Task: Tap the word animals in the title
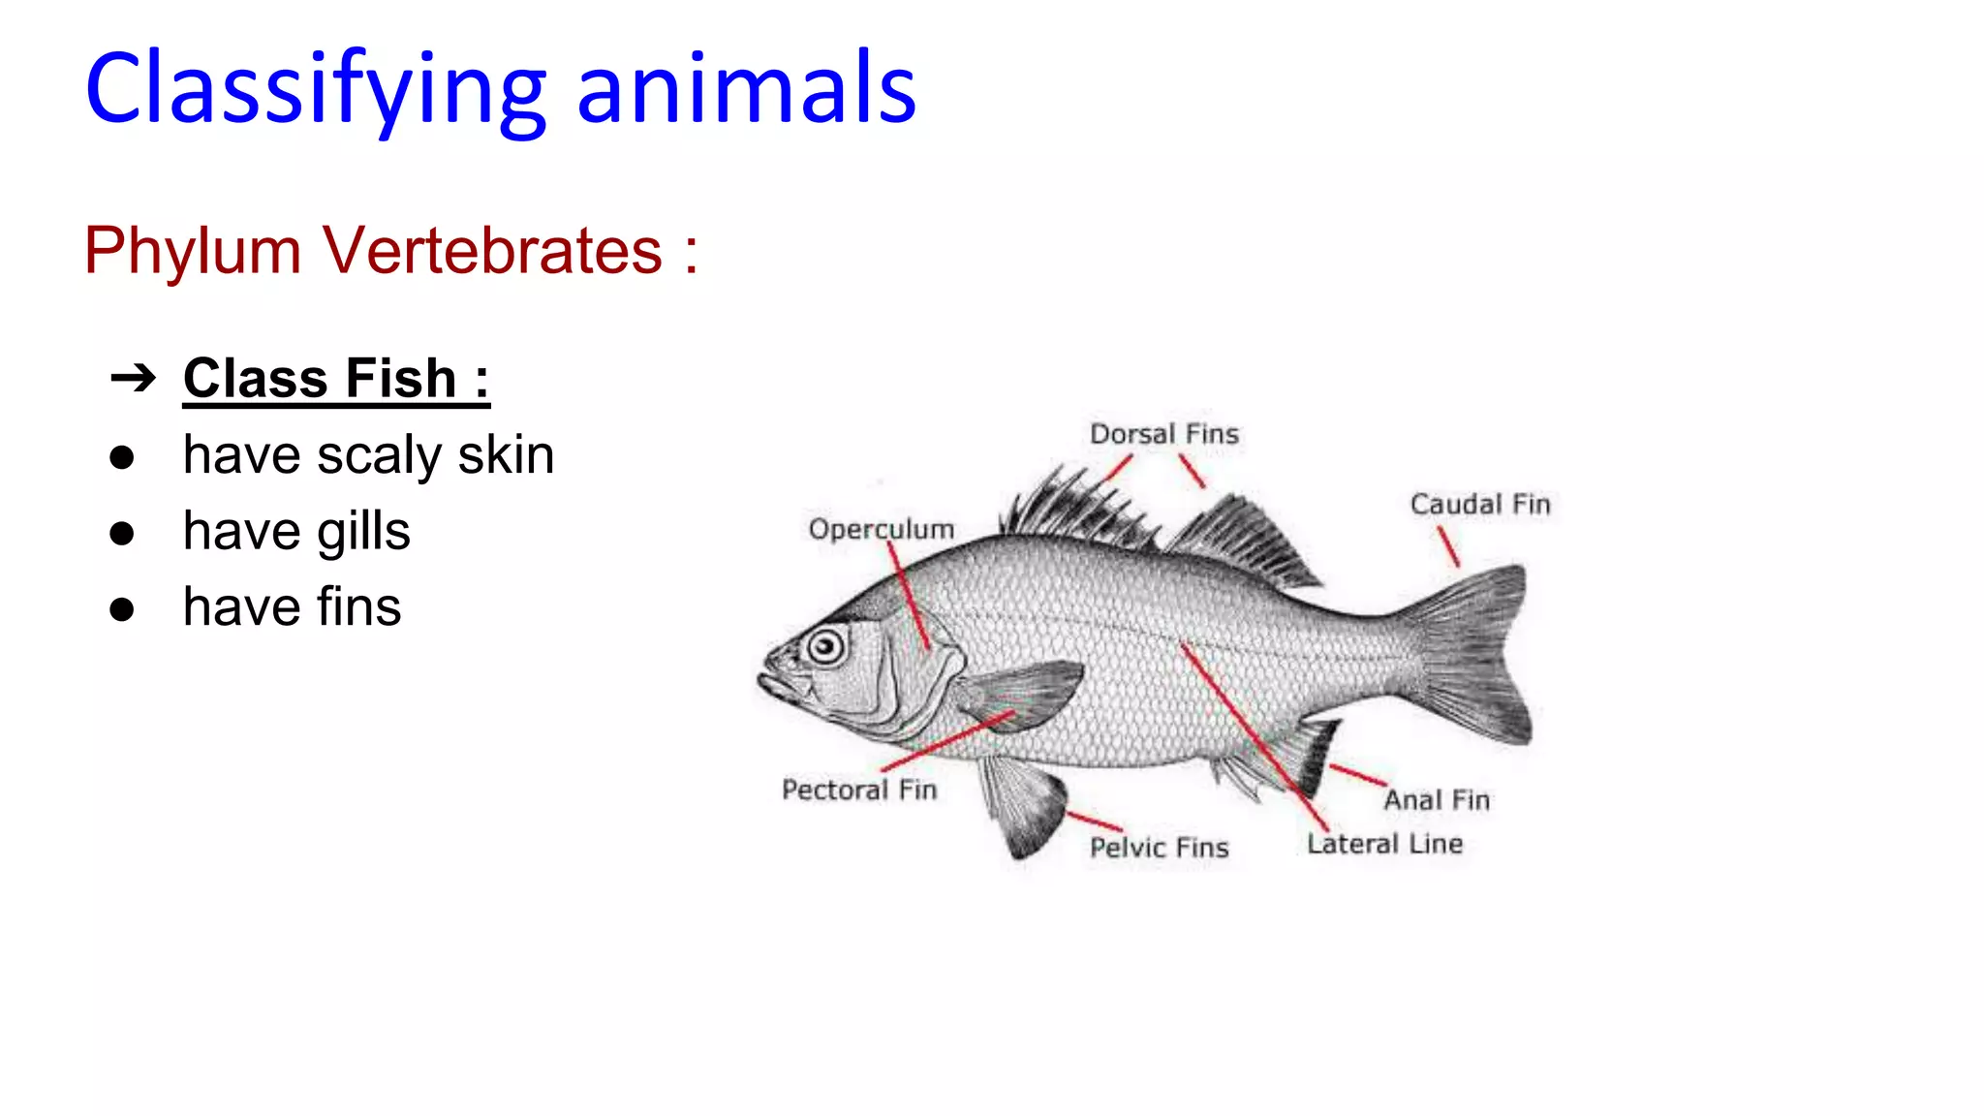(x=746, y=89)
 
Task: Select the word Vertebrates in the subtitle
(x=492, y=250)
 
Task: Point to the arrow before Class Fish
(x=133, y=378)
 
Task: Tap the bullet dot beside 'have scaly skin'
(x=122, y=457)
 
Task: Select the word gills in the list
(x=363, y=532)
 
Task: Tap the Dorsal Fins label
(x=1163, y=434)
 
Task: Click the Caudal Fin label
(x=1479, y=505)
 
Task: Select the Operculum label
(x=882, y=529)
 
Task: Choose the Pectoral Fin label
(x=859, y=790)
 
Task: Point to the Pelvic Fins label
(x=1159, y=848)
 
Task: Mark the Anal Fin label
(x=1437, y=800)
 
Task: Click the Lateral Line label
(x=1384, y=844)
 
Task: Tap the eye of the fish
(x=826, y=645)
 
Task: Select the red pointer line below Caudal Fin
(x=1448, y=546)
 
